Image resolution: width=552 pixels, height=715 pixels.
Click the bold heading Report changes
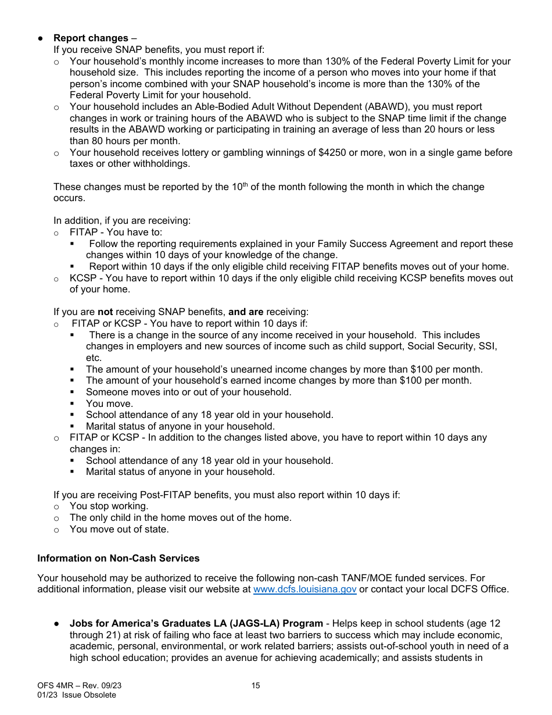91,38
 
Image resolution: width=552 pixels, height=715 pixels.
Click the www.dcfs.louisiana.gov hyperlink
305,589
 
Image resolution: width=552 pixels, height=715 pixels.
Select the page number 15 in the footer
256,686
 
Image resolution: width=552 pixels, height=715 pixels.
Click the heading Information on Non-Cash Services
118,558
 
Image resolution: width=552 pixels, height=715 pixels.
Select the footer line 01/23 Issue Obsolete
76,695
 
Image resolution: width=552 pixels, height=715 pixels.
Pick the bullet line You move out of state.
119,529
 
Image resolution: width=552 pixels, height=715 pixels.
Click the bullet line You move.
109,403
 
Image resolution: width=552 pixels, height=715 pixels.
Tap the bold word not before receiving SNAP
105,312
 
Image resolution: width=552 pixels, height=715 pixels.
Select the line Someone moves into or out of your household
188,392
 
